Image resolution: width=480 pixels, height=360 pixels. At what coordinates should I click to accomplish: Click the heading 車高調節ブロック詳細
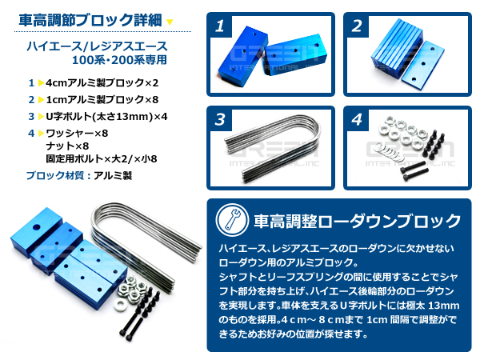(90, 21)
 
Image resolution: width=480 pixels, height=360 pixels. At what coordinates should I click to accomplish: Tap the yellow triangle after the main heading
(170, 22)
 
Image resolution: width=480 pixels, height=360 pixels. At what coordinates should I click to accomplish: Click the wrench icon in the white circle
(232, 219)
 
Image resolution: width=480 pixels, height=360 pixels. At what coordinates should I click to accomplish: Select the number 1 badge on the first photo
(220, 26)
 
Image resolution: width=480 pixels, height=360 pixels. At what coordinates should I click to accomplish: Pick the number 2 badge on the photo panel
(357, 26)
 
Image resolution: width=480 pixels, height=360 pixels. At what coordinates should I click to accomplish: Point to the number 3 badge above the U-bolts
(220, 120)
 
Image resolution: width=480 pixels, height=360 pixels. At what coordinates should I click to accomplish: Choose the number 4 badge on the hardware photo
(357, 120)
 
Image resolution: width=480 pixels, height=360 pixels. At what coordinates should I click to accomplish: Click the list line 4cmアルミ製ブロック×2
(102, 83)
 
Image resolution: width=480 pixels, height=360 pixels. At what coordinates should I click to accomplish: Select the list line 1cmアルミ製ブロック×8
(102, 100)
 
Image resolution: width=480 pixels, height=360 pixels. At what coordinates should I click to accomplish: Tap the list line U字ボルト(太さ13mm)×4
(106, 117)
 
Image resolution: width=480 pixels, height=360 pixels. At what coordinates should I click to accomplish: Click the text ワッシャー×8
(77, 134)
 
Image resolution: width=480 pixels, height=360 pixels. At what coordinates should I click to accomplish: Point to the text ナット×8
(67, 146)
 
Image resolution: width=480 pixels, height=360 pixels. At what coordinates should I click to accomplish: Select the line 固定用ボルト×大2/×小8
(102, 159)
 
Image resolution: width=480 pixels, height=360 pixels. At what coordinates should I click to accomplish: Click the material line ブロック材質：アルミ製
(79, 176)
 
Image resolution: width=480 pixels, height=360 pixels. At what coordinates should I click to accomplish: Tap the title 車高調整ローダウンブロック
(357, 221)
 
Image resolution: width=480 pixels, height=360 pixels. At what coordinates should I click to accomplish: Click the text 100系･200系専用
(119, 60)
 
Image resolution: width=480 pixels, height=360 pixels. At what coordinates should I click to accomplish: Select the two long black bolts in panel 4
(414, 171)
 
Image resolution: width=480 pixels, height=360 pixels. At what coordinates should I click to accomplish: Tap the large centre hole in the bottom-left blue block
(37, 227)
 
